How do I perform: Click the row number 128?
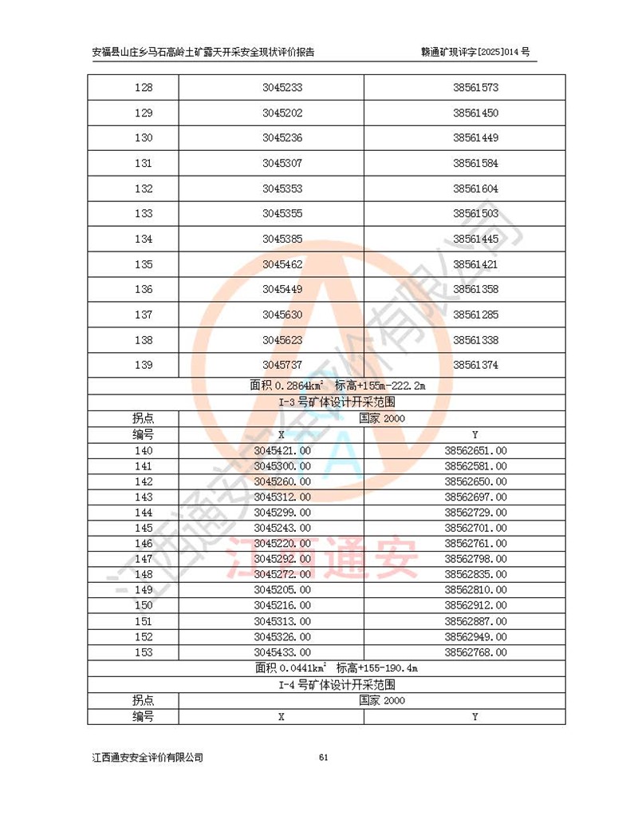(x=144, y=88)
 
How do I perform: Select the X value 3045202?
(x=282, y=113)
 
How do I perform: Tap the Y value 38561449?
(x=475, y=138)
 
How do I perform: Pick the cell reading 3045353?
(x=282, y=189)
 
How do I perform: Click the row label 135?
(x=144, y=264)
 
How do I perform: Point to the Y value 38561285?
(x=475, y=315)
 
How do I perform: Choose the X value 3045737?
(x=282, y=365)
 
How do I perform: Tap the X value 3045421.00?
(x=282, y=451)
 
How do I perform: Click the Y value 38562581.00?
(x=475, y=466)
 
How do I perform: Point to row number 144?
(x=144, y=513)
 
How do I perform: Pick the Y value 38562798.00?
(x=475, y=559)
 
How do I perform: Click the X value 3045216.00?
(x=282, y=605)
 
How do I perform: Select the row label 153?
(x=144, y=652)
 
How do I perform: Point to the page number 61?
(x=323, y=758)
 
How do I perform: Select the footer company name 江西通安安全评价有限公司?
(x=148, y=758)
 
